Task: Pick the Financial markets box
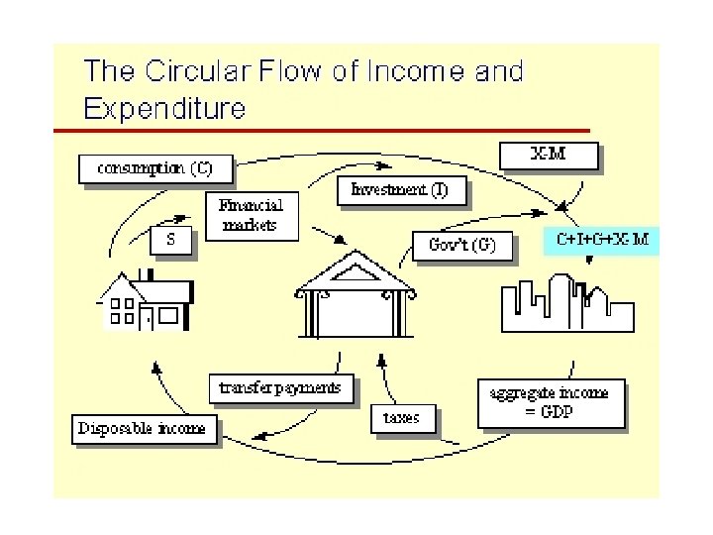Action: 251,215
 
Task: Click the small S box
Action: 171,240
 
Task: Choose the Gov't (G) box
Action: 463,245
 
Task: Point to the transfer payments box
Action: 280,386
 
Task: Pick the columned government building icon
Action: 356,297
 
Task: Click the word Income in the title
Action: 398,71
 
